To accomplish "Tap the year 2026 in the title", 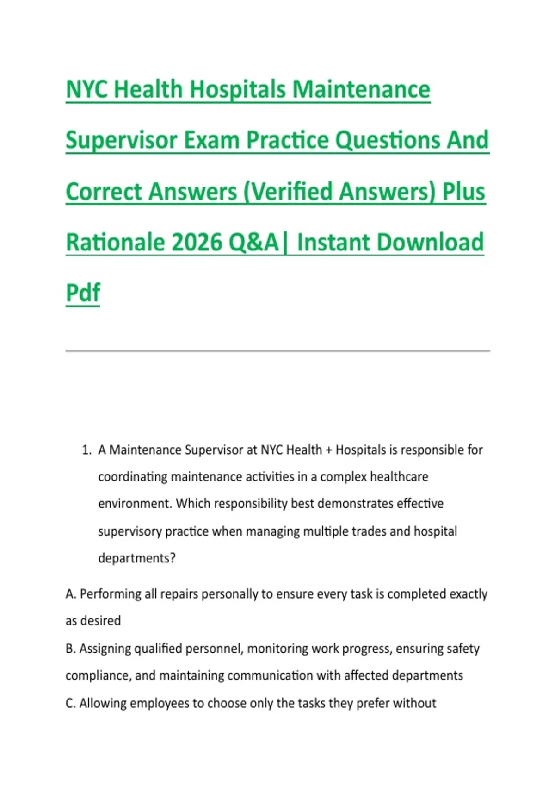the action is [x=197, y=242].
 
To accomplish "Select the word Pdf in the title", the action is [x=83, y=292].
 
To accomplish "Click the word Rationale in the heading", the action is [x=116, y=242].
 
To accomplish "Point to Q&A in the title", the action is [x=253, y=242].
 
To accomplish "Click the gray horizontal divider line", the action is [x=277, y=350].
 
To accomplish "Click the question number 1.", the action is [x=86, y=450].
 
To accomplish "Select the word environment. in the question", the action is [x=135, y=504].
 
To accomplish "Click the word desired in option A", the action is [x=100, y=621].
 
